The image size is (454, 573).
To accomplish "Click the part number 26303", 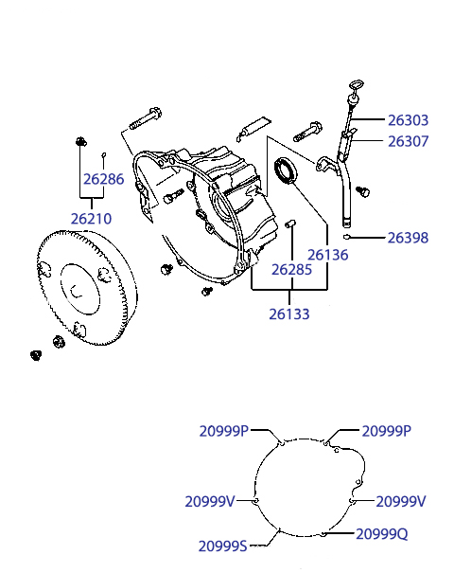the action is pyautogui.click(x=408, y=120).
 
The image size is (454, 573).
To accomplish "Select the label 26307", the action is pyautogui.click(x=408, y=141).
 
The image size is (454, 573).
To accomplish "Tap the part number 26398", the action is pyautogui.click(x=408, y=238).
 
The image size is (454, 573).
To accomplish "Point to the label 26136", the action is pyautogui.click(x=327, y=255).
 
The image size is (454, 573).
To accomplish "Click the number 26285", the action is pyautogui.click(x=291, y=270).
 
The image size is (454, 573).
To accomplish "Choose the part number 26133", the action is pyautogui.click(x=289, y=313).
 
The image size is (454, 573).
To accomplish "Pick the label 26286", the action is pyautogui.click(x=104, y=179).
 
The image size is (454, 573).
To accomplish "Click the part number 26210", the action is pyautogui.click(x=91, y=219).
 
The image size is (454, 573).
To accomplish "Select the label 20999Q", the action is pyautogui.click(x=382, y=534).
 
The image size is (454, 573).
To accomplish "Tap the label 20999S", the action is pyautogui.click(x=223, y=546).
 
